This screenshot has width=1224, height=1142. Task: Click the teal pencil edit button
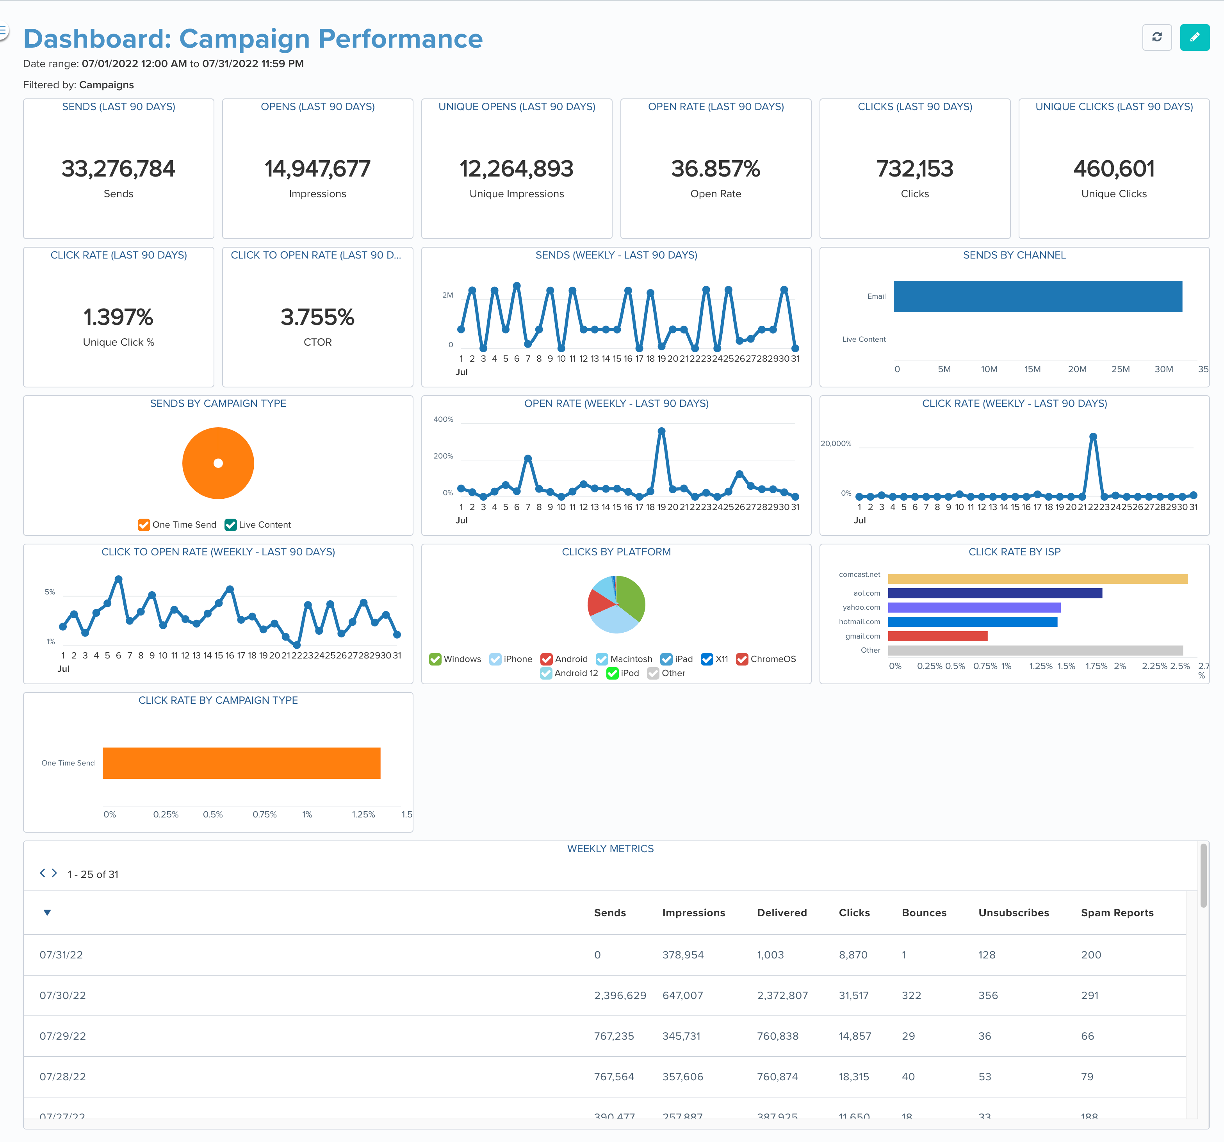(x=1194, y=37)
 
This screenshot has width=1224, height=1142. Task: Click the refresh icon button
(x=1156, y=37)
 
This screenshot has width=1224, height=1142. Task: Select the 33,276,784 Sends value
(x=118, y=169)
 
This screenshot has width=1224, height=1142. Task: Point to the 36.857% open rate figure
(x=715, y=169)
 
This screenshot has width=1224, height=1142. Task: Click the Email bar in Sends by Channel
(x=1037, y=296)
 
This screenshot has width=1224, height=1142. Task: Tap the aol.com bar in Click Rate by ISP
(x=994, y=593)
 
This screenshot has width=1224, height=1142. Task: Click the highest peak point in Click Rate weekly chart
(x=1093, y=437)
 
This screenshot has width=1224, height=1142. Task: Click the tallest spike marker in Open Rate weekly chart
(x=661, y=431)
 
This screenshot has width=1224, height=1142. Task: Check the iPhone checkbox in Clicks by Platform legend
(x=495, y=659)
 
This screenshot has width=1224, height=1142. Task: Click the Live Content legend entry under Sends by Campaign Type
(x=258, y=525)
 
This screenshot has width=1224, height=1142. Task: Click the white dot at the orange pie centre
(x=218, y=463)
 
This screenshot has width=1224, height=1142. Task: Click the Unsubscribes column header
(x=1014, y=913)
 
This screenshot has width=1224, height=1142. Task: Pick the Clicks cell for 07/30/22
(x=853, y=996)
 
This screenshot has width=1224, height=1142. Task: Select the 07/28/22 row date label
(x=63, y=1077)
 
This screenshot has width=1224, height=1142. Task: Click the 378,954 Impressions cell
(x=683, y=955)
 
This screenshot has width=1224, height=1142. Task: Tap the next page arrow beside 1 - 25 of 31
(x=54, y=873)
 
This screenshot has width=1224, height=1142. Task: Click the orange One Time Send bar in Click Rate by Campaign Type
(x=241, y=763)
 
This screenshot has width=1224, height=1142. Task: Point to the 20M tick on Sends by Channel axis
(x=1077, y=369)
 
